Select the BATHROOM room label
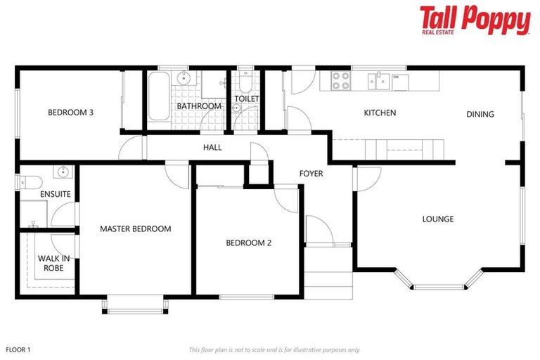click(199, 106)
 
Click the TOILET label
click(246, 99)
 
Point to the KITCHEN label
click(380, 112)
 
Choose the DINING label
click(480, 114)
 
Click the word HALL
click(212, 148)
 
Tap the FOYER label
click(311, 173)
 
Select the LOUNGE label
click(437, 219)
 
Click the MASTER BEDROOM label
click(135, 229)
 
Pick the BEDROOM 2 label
click(248, 243)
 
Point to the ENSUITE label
click(55, 194)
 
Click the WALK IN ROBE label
click(53, 263)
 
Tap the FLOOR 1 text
click(18, 349)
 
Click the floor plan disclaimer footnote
click(274, 349)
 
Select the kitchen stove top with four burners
click(341, 81)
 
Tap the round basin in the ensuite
click(63, 172)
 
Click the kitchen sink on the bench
click(380, 81)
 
